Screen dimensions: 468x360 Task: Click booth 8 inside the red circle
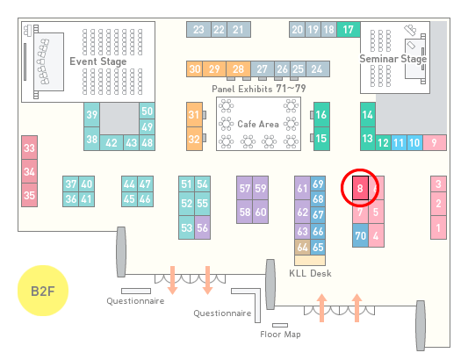[360, 188]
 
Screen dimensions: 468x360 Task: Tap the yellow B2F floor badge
[43, 291]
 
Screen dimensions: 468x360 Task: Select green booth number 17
[349, 30]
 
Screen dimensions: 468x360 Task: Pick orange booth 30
[194, 69]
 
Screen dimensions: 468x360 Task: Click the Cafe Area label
[258, 124]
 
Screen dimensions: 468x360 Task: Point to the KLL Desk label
[310, 273]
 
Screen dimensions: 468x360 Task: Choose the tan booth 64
[302, 247]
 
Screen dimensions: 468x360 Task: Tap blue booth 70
[360, 235]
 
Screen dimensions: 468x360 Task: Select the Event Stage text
[98, 61]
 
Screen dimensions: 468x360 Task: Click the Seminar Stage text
[393, 59]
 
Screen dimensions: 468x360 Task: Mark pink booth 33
[29, 148]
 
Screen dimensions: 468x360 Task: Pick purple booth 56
[202, 227]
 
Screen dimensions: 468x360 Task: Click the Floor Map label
[280, 334]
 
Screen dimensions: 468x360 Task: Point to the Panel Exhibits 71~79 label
[259, 89]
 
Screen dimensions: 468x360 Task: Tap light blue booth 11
[399, 143]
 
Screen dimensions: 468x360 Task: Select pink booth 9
[435, 143]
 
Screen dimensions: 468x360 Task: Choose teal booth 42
[112, 143]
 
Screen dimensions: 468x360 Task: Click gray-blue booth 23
[198, 30]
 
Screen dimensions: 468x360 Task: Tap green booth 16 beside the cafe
[321, 114]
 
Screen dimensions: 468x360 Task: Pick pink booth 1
[438, 227]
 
